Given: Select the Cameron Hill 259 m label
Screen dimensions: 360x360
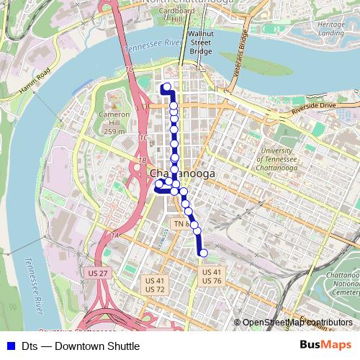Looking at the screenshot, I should [x=114, y=122].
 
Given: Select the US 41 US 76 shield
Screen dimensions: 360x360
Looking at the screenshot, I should [x=212, y=276].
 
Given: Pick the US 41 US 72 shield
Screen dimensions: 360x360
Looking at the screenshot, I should [x=155, y=284].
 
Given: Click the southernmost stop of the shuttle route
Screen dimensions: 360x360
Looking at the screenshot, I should [x=203, y=253].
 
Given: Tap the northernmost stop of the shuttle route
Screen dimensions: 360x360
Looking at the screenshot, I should [x=167, y=89].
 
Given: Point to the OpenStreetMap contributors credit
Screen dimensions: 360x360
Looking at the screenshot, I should [x=297, y=323].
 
